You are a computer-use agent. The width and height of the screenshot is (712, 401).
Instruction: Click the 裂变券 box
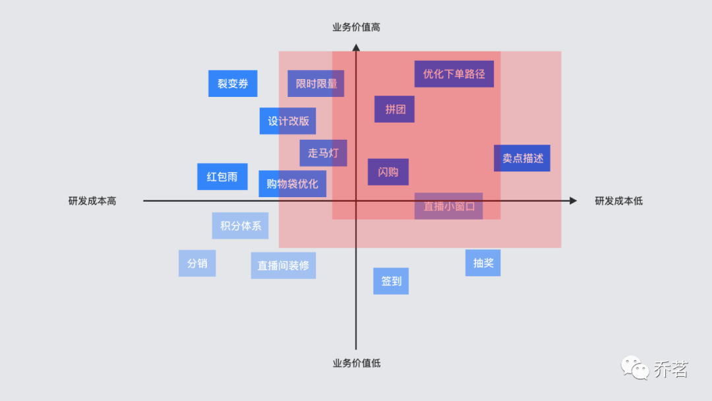(233, 84)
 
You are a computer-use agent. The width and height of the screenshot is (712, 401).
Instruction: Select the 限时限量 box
(316, 84)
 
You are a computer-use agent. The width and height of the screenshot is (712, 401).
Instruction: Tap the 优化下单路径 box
(454, 74)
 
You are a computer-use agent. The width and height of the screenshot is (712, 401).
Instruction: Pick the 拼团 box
(395, 109)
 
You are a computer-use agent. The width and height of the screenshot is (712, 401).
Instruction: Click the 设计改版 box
(288, 121)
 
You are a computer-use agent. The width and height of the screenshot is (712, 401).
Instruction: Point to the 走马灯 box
(323, 153)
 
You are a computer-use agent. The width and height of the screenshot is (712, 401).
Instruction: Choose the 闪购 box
(388, 172)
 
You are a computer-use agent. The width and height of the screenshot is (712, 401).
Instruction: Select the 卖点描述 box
(522, 158)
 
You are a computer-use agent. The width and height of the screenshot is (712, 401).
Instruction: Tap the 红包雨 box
(222, 177)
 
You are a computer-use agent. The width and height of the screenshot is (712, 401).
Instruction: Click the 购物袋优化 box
(292, 183)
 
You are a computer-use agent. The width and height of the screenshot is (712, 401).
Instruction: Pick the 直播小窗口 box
(448, 206)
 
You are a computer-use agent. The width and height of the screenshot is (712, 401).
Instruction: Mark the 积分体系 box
(240, 226)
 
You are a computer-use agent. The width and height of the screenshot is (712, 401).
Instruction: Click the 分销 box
(197, 263)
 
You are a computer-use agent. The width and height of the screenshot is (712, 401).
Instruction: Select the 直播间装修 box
(283, 265)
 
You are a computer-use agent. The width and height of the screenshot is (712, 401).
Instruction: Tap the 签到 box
(391, 281)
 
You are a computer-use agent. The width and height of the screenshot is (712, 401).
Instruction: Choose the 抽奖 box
(483, 262)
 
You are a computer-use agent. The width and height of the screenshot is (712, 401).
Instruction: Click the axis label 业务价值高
(356, 27)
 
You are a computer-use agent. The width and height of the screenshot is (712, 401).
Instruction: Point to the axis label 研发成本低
(618, 200)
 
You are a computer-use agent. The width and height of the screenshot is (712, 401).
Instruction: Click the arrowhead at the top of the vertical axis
(356, 47)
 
